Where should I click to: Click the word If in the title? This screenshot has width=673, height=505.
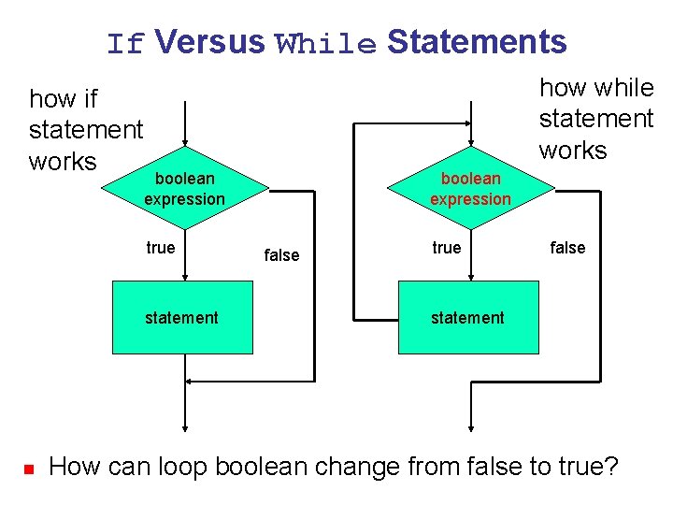pyautogui.click(x=125, y=44)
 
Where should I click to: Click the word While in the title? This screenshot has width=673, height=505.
pyautogui.click(x=326, y=44)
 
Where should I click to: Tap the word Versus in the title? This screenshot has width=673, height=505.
pyautogui.click(x=210, y=42)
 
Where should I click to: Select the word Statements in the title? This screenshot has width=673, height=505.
pyautogui.click(x=477, y=42)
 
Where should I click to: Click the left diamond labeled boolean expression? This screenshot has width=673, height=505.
pyautogui.click(x=185, y=189)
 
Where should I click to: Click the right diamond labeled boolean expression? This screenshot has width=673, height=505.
pyautogui.click(x=470, y=189)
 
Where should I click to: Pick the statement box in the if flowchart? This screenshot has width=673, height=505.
pyautogui.click(x=182, y=318)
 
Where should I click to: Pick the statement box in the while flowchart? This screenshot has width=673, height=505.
pyautogui.click(x=468, y=318)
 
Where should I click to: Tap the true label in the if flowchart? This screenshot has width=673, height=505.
pyautogui.click(x=160, y=248)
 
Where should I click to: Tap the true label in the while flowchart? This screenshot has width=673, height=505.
pyautogui.click(x=446, y=248)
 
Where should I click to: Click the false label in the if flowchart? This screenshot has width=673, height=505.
pyautogui.click(x=281, y=254)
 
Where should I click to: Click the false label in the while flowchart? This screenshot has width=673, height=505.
pyautogui.click(x=567, y=248)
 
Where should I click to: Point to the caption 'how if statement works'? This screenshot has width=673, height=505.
pyautogui.click(x=85, y=130)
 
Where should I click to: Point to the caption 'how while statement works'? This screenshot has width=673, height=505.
pyautogui.click(x=596, y=119)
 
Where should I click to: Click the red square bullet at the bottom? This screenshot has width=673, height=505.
pyautogui.click(x=28, y=467)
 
